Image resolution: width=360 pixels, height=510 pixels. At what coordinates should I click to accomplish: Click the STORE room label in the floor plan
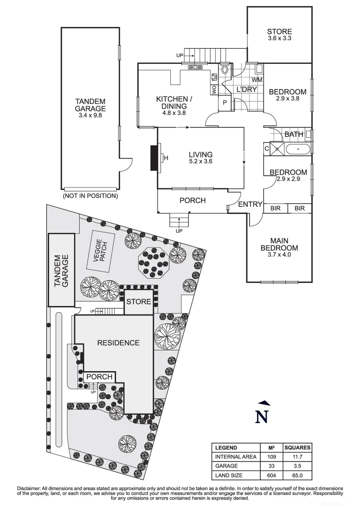(x=279, y=32)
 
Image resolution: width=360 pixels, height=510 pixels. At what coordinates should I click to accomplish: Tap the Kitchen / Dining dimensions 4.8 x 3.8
(x=174, y=113)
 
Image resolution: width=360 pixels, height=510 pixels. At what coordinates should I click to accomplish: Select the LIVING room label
(x=201, y=154)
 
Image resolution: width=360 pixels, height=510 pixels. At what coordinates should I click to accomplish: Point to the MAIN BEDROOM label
(x=279, y=244)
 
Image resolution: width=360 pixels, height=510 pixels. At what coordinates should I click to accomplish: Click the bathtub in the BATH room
(x=298, y=149)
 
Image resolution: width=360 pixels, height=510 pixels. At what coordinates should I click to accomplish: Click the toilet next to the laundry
(x=225, y=71)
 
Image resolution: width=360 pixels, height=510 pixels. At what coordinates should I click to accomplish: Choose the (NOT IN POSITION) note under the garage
(x=90, y=195)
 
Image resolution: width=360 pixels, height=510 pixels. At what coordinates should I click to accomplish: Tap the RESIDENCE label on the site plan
(x=118, y=343)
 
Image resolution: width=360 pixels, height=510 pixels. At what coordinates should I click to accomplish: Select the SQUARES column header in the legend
(x=297, y=448)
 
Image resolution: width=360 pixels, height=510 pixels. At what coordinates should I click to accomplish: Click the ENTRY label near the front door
(x=250, y=204)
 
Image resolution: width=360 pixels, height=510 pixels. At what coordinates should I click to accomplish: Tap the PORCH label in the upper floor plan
(x=193, y=200)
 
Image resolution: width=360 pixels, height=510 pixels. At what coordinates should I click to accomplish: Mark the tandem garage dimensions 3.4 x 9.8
(x=90, y=115)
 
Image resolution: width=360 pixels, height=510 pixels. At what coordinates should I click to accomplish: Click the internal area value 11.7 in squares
(x=297, y=457)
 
